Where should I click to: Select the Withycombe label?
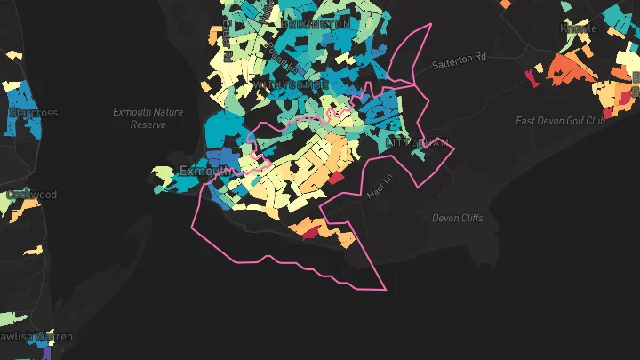291,84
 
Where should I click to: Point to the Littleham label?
418,143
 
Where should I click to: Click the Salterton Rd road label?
460,60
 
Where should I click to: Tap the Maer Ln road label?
379,188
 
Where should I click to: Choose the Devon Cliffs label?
458,218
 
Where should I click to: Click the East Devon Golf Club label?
560,120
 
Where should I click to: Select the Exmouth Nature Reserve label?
148,118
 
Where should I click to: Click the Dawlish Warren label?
36,337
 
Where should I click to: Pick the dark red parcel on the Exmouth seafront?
308,234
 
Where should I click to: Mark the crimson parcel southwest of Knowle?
532,76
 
